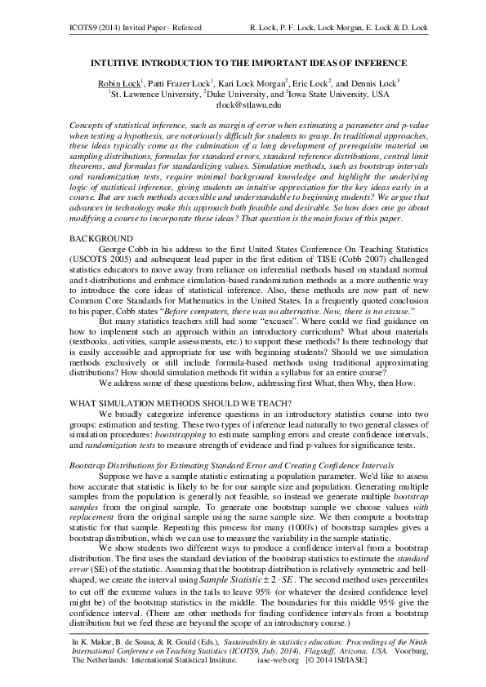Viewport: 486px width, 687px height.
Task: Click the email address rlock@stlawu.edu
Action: pos(247,104)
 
